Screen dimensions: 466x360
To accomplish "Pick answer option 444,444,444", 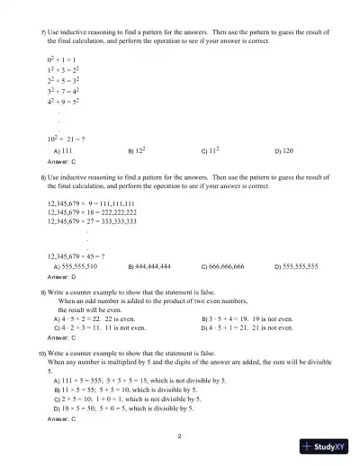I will click(161, 267).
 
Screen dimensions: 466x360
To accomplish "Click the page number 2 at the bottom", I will click(180, 436).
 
